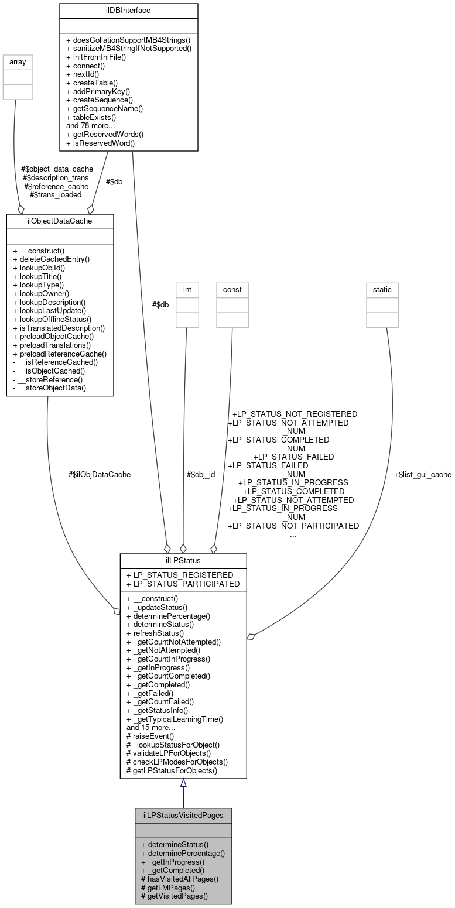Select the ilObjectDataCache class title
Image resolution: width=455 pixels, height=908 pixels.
60,221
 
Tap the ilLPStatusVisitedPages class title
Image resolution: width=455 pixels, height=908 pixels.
183,815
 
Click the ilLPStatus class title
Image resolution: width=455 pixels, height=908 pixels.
183,560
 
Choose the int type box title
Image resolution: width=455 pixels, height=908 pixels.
187,289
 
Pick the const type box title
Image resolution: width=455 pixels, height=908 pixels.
232,289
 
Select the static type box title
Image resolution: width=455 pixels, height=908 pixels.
382,289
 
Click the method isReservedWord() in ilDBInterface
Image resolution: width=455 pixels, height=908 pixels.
100,142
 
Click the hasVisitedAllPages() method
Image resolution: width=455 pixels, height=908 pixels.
180,878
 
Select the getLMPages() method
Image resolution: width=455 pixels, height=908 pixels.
168,887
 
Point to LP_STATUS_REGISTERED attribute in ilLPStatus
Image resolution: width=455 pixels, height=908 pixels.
180,575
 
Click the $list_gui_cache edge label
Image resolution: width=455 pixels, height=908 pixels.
422,474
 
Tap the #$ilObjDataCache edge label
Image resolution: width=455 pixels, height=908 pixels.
100,474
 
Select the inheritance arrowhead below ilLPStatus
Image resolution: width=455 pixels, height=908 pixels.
183,783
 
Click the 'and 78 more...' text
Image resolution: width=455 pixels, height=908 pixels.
94,125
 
